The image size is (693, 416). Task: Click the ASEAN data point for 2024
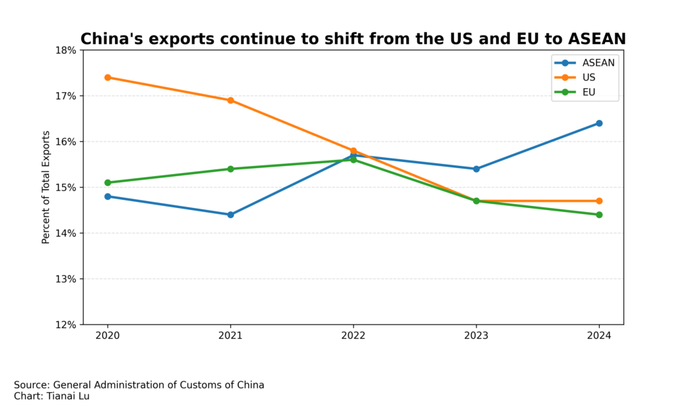pos(599,123)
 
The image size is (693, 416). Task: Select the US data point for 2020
pos(108,77)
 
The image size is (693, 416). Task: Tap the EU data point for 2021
pos(231,169)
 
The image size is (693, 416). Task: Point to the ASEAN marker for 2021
pos(231,215)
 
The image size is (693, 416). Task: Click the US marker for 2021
pos(231,100)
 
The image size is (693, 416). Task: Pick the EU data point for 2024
pos(599,215)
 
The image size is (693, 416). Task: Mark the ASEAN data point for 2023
pos(476,169)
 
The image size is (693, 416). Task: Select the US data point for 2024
pos(599,201)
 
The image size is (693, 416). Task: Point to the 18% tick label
pos(66,50)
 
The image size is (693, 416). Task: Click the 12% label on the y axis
pos(66,325)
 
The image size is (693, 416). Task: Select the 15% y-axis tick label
pos(66,188)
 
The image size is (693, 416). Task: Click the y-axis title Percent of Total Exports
pos(46,188)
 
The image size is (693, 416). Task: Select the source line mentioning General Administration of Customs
pos(139,385)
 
